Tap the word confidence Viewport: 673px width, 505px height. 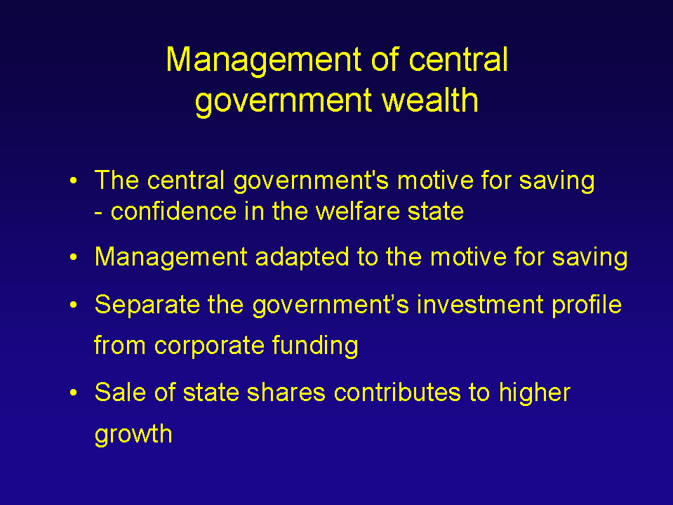click(x=173, y=211)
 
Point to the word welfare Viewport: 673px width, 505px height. click(x=357, y=211)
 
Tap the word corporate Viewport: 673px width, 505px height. click(x=209, y=346)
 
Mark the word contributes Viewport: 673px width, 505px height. click(x=397, y=392)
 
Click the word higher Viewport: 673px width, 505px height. click(x=534, y=393)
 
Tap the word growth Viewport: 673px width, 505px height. click(x=133, y=435)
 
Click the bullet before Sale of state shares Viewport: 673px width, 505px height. click(x=74, y=393)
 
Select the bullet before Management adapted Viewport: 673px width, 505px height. click(x=74, y=258)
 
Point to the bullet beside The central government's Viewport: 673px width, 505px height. click(x=74, y=181)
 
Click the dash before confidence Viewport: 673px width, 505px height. click(x=98, y=214)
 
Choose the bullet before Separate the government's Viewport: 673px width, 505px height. click(x=74, y=305)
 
